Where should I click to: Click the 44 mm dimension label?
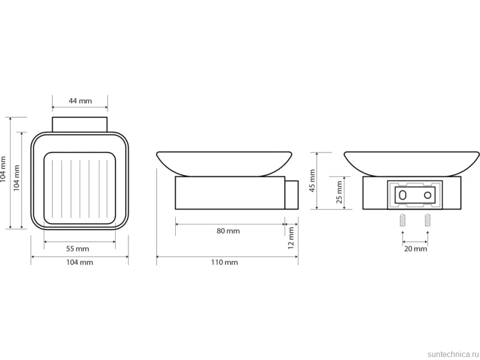(x=80, y=100)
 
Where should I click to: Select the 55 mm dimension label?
(x=78, y=249)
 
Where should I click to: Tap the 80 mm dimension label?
(x=228, y=231)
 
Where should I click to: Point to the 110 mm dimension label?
(x=224, y=262)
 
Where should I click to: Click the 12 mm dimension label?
(x=291, y=238)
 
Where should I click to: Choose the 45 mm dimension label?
(x=312, y=181)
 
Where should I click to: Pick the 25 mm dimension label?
(x=339, y=192)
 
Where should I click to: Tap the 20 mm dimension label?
(x=415, y=249)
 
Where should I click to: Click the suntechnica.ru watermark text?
(x=453, y=354)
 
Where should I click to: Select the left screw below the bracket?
(x=402, y=220)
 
